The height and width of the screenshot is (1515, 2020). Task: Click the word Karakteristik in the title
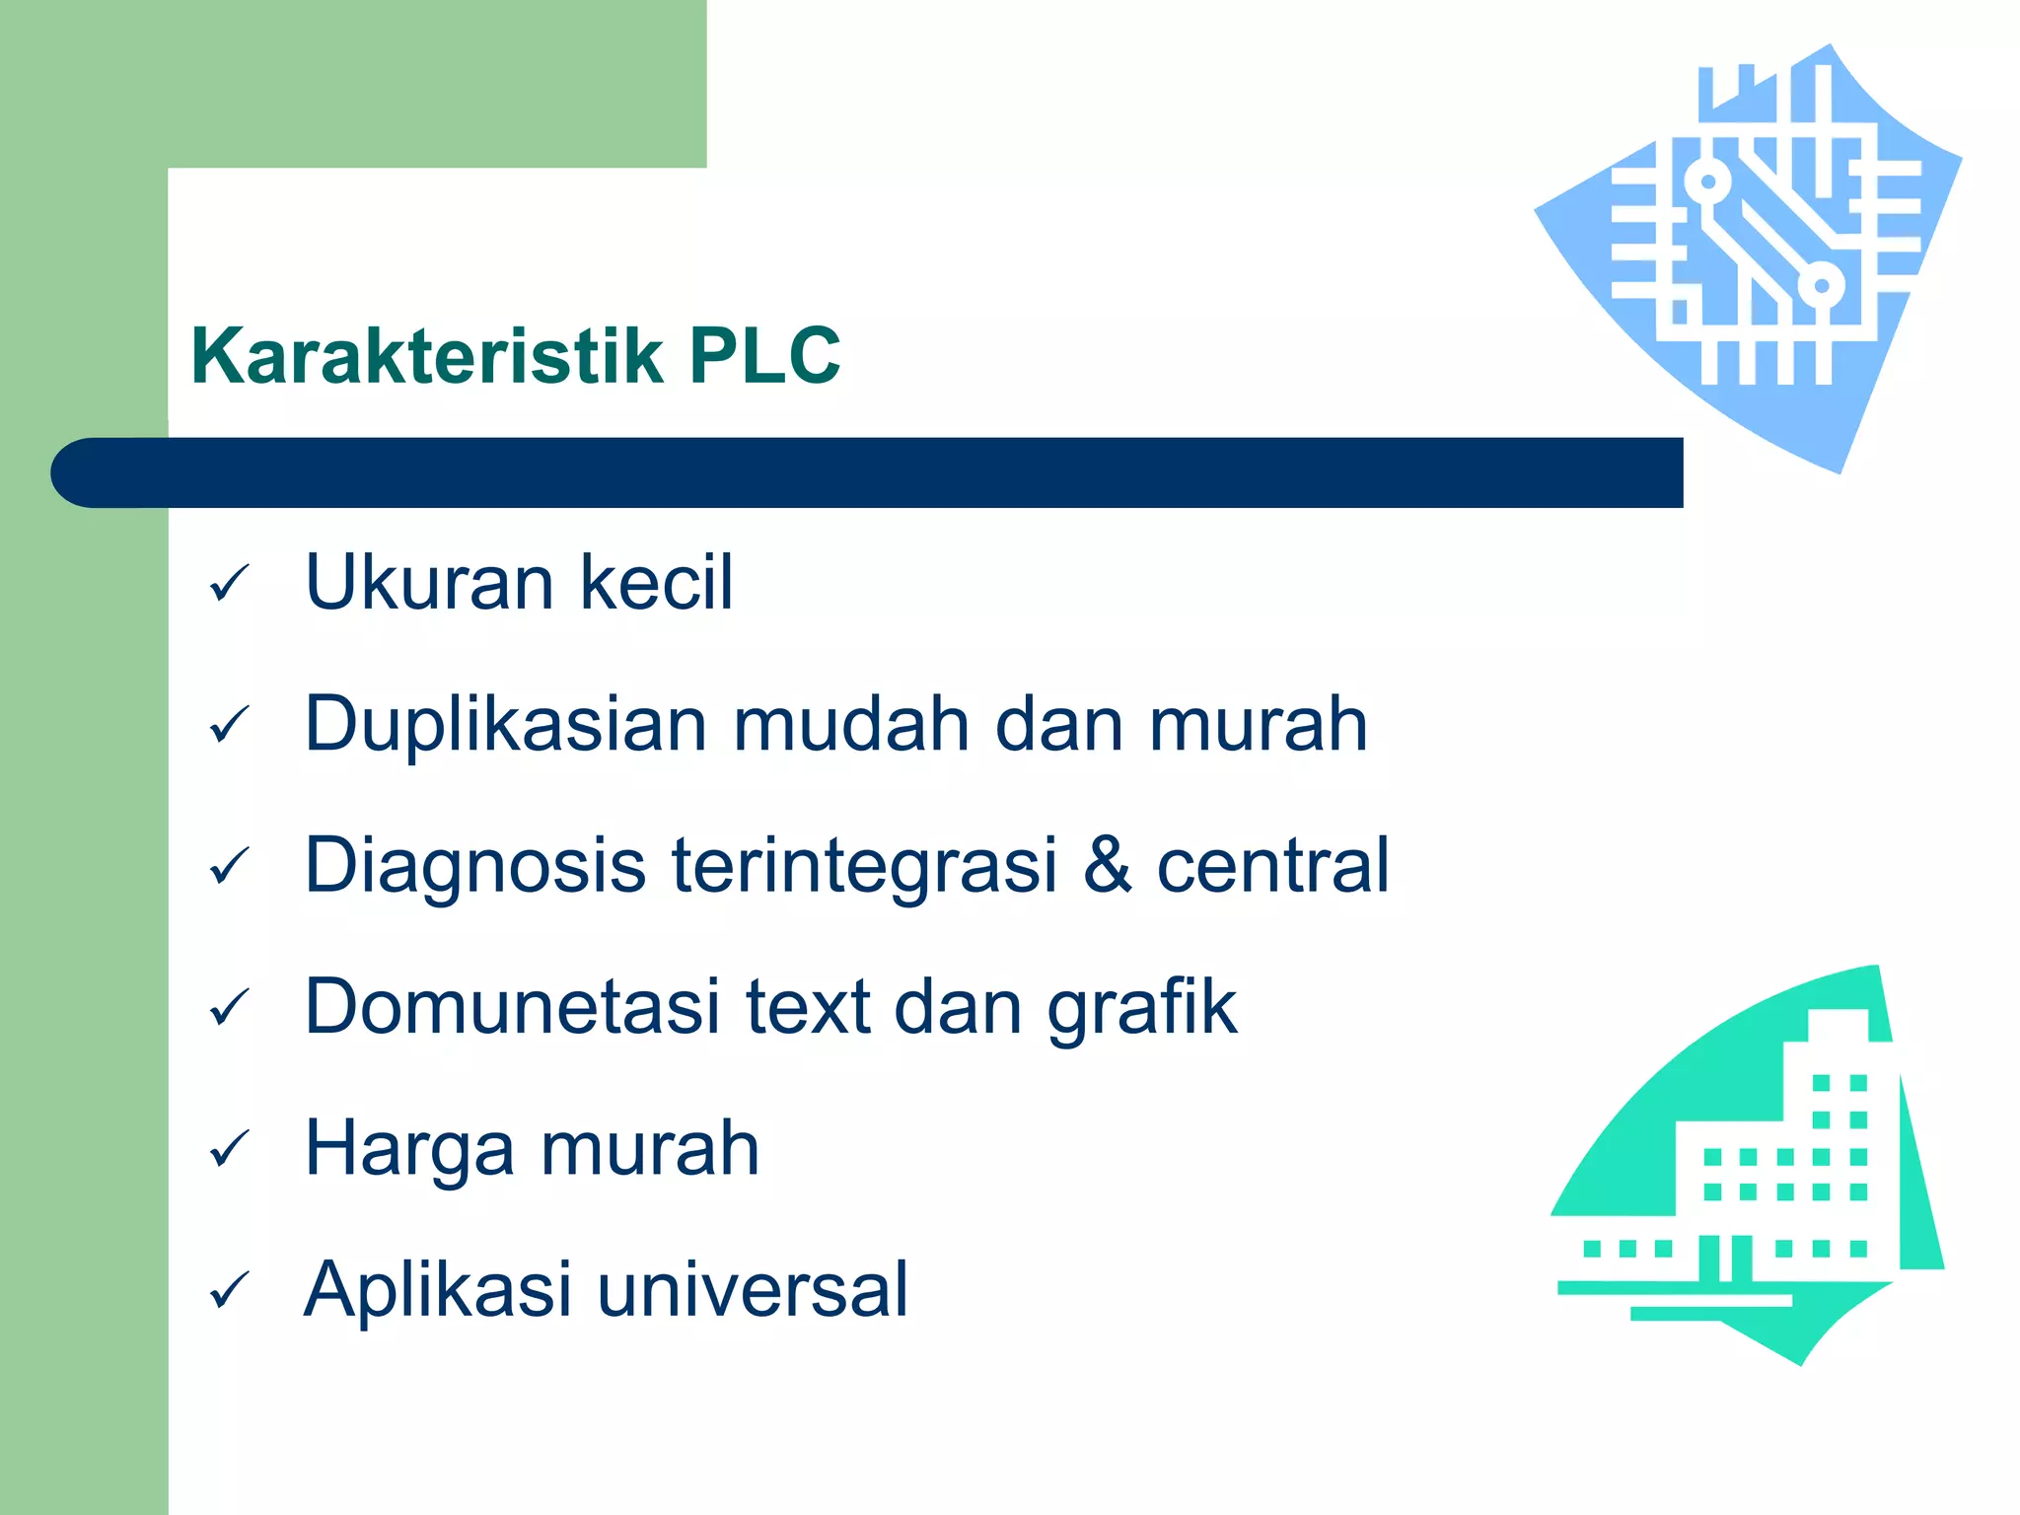coord(426,355)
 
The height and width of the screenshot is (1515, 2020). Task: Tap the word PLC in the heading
coord(764,355)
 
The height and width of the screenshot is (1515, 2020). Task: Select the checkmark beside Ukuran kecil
coord(230,584)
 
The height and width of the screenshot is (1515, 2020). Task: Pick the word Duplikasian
coord(505,725)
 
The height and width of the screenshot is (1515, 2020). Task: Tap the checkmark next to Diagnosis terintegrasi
coord(230,867)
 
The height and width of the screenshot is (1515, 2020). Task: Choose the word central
coord(1272,865)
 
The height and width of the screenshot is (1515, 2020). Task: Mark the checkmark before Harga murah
coord(230,1150)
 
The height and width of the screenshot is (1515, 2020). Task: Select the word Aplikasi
coord(437,1290)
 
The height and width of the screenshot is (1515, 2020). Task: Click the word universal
coord(752,1290)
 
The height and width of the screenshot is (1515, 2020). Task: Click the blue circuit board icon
coord(1756,247)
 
